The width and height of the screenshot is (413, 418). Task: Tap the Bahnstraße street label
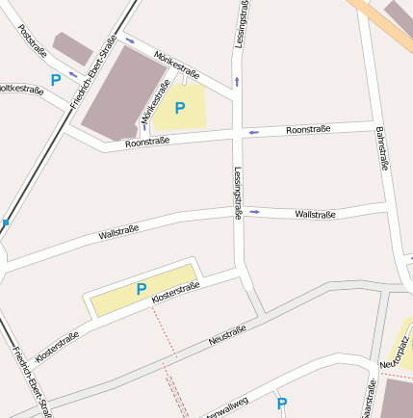(381, 148)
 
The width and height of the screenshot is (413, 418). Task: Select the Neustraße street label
(227, 335)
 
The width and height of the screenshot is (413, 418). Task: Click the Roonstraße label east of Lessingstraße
(309, 129)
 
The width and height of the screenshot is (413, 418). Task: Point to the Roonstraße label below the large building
(147, 142)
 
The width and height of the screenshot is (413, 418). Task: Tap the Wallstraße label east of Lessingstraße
(315, 214)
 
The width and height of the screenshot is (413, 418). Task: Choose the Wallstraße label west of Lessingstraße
(118, 231)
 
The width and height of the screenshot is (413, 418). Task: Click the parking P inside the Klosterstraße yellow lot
(142, 289)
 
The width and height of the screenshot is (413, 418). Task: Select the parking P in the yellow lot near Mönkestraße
(179, 109)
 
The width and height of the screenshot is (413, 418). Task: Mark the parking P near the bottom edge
(281, 405)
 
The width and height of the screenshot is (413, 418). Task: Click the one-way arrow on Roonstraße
(253, 132)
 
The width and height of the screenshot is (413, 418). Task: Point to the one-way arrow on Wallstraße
(255, 211)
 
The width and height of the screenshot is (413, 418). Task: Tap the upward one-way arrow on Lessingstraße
(237, 82)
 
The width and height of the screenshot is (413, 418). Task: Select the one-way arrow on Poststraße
(73, 75)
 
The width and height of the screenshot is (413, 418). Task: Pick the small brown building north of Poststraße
(72, 48)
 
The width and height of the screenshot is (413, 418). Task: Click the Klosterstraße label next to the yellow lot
(174, 293)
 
